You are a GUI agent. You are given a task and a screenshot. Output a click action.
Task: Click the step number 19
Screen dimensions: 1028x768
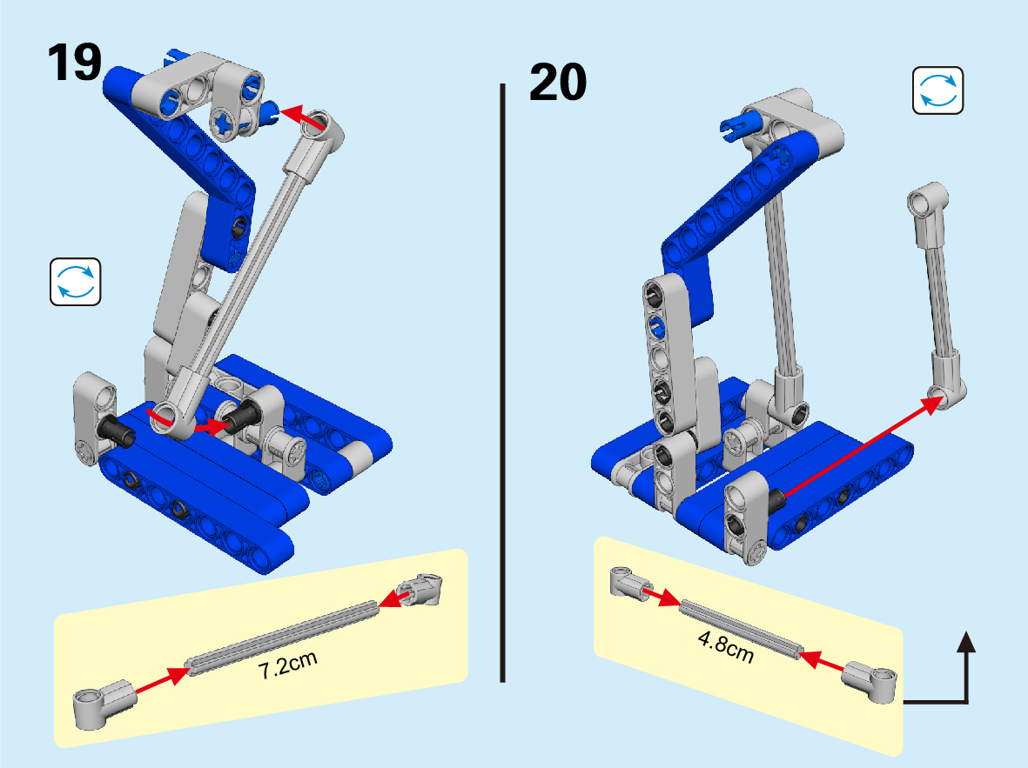click(74, 63)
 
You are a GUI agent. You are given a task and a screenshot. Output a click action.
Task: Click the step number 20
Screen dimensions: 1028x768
click(558, 82)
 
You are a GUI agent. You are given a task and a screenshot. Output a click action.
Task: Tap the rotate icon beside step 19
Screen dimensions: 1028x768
click(76, 282)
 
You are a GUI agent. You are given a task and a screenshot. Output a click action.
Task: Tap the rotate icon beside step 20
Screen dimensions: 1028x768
click(938, 90)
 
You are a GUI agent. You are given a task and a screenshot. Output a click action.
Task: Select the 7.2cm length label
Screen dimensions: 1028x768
click(288, 664)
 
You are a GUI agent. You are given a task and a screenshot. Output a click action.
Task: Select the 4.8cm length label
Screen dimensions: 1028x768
click(726, 646)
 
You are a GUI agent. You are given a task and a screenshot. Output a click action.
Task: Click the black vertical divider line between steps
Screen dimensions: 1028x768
click(503, 383)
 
